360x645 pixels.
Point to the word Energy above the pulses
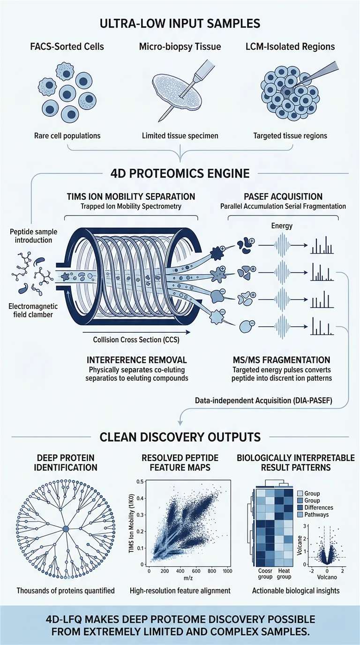[281, 226]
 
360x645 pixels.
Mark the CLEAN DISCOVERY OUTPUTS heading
[180, 437]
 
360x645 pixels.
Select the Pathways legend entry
[319, 515]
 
